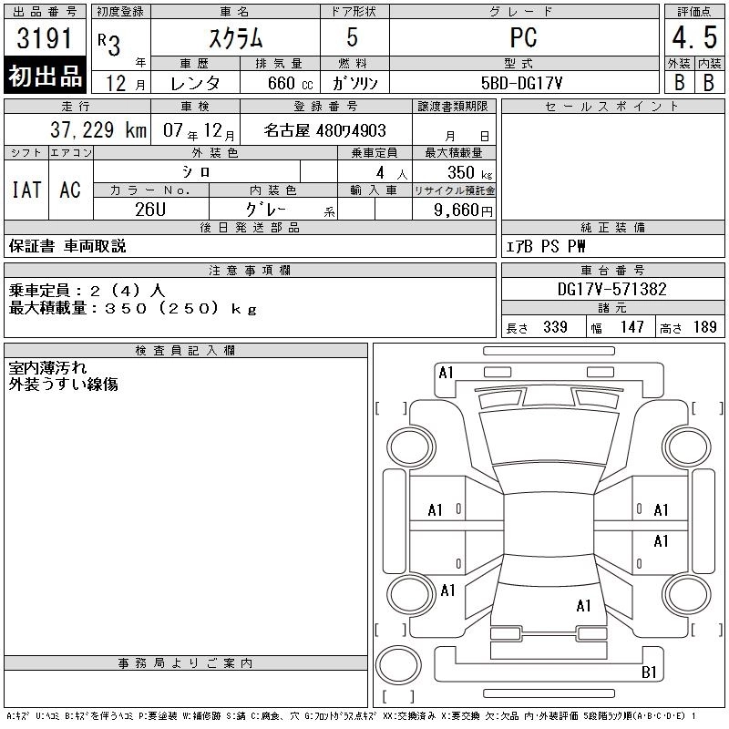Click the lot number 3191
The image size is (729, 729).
coord(45,38)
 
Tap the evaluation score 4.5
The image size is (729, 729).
coord(694,37)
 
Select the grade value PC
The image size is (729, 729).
coord(523,37)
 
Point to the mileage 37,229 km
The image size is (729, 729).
coord(98,129)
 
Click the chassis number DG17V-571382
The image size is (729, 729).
coord(611,289)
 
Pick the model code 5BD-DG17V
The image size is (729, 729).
coord(521,83)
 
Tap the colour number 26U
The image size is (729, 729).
coord(150,210)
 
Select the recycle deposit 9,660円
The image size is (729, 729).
coord(463,210)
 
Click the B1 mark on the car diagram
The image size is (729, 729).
coord(649,672)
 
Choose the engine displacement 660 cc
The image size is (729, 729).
coord(290,83)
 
